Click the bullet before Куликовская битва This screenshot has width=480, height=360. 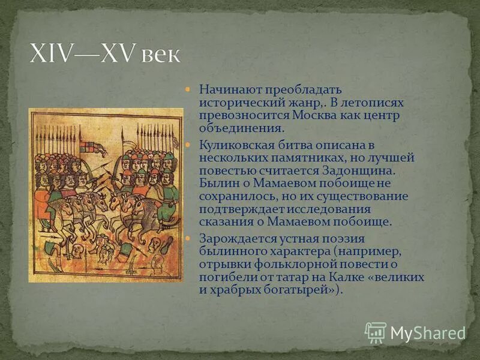(188, 146)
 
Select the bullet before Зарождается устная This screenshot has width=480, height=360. (188, 239)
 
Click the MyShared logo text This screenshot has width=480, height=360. (428, 332)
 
